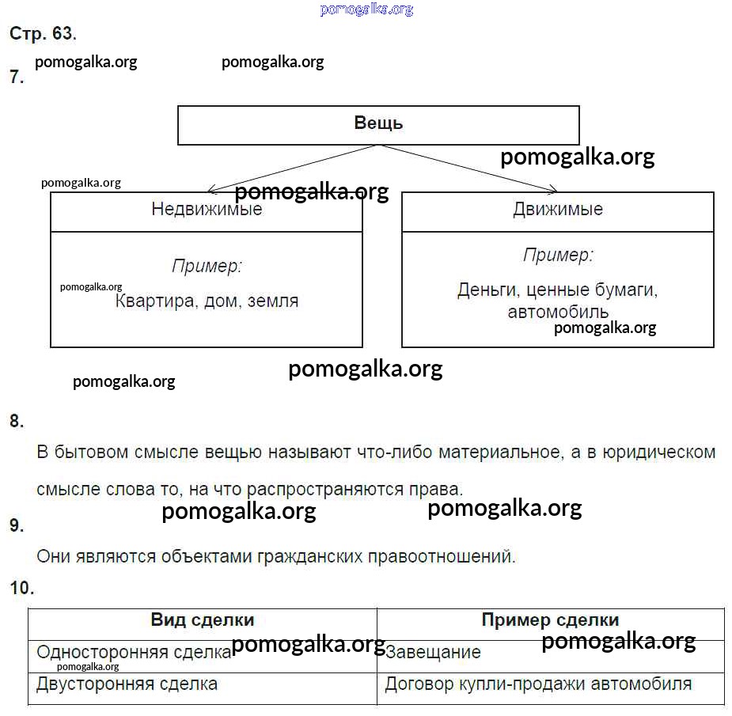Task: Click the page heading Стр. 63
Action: click(x=43, y=33)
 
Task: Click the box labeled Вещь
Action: click(x=378, y=125)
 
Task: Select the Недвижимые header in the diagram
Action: click(x=207, y=209)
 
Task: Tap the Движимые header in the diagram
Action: click(x=558, y=209)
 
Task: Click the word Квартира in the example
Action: click(x=154, y=301)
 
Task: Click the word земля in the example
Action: click(x=273, y=301)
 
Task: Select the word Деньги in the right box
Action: click(x=487, y=290)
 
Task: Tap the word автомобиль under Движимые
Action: click(x=558, y=312)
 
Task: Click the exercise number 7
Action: click(x=17, y=77)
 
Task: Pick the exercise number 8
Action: click(x=17, y=421)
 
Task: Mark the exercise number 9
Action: click(x=17, y=525)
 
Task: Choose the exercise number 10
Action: click(x=22, y=588)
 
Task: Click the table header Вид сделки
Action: click(x=203, y=620)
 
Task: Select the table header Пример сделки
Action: click(x=551, y=620)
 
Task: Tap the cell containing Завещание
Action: click(x=551, y=657)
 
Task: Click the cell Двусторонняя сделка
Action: click(x=203, y=689)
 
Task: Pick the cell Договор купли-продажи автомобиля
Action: click(x=551, y=689)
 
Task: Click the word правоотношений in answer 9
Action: click(x=442, y=557)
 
